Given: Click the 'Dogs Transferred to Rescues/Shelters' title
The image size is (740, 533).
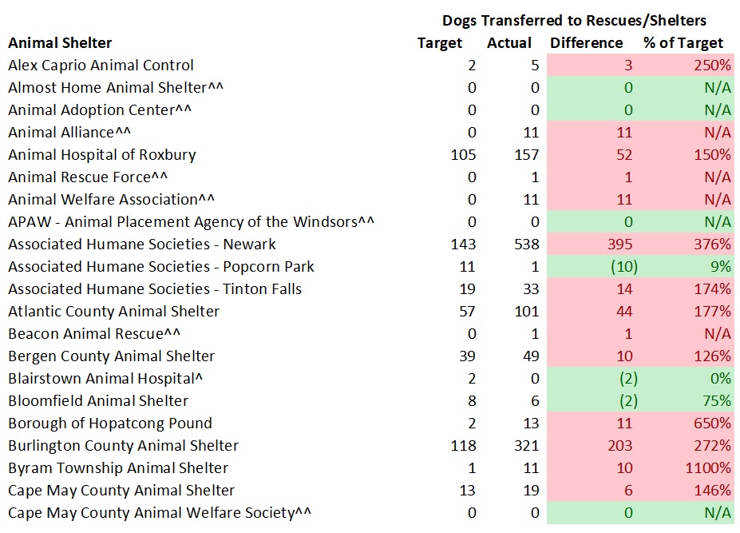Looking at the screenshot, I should (x=574, y=20).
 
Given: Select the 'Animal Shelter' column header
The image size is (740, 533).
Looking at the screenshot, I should (x=60, y=43).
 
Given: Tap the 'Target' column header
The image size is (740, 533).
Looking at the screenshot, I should (x=440, y=43).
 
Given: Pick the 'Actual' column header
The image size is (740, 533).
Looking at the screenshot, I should (x=509, y=43).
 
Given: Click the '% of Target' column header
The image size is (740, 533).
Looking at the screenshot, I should (x=683, y=43).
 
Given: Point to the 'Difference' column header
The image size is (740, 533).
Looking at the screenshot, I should (x=586, y=43).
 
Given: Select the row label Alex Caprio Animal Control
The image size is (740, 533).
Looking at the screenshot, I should (x=101, y=66).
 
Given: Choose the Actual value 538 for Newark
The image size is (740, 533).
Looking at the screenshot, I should (x=526, y=245).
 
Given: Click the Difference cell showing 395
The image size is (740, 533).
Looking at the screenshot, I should (x=619, y=245).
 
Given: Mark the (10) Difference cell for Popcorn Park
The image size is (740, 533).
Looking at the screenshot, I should (x=618, y=267).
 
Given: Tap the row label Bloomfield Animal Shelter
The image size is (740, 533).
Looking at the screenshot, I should (x=98, y=401).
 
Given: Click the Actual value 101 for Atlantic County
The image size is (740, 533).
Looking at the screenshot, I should (x=526, y=312).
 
